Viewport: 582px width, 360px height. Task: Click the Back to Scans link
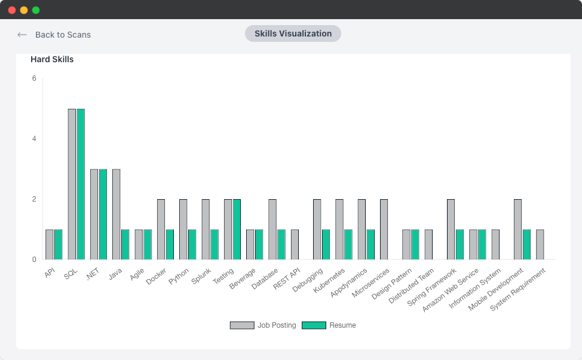click(54, 35)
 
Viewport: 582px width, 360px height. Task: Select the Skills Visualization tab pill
click(293, 33)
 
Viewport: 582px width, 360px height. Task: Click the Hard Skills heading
click(52, 59)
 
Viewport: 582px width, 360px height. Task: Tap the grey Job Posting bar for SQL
click(72, 184)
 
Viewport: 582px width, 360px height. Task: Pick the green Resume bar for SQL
click(81, 184)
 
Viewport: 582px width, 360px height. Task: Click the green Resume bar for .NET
click(103, 214)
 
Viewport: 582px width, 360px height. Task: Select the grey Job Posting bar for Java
click(117, 214)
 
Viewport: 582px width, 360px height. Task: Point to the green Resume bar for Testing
click(237, 229)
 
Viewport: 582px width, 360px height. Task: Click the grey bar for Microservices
click(384, 229)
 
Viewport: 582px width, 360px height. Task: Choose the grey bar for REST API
click(295, 244)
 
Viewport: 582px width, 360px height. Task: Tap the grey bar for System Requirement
click(540, 244)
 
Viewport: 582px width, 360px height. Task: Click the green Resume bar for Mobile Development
click(526, 244)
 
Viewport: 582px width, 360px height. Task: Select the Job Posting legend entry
click(263, 325)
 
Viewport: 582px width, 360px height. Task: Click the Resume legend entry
click(329, 325)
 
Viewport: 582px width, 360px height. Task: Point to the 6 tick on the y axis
click(34, 78)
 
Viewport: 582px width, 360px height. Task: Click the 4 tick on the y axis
click(34, 139)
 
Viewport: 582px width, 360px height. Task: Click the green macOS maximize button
click(36, 10)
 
